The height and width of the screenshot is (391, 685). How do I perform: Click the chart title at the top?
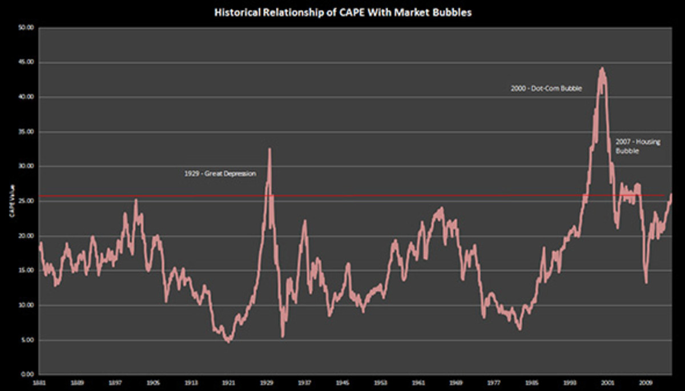(342, 11)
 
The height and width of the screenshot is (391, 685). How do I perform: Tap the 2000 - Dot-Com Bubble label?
(546, 89)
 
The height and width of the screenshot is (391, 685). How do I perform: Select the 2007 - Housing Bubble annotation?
(638, 147)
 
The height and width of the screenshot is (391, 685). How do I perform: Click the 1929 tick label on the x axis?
(267, 384)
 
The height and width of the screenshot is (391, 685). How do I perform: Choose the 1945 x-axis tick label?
(342, 384)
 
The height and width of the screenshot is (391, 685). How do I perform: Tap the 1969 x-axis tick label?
(456, 384)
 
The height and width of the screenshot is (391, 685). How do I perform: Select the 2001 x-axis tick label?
(607, 384)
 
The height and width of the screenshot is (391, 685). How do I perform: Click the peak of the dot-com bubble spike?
(601, 68)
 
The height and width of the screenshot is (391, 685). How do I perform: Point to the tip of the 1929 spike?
(269, 149)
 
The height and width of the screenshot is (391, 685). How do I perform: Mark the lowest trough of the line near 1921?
(229, 341)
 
